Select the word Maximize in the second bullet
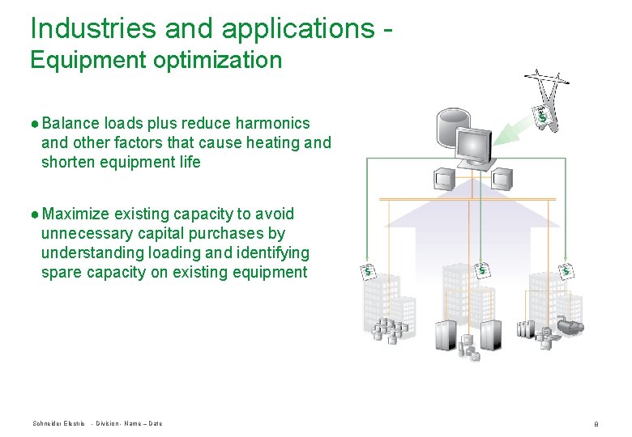(x=75, y=214)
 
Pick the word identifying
(x=272, y=252)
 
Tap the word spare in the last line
(x=60, y=272)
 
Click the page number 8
(x=596, y=424)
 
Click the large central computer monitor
(x=473, y=146)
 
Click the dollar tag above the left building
(x=369, y=270)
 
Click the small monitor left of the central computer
(x=443, y=176)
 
